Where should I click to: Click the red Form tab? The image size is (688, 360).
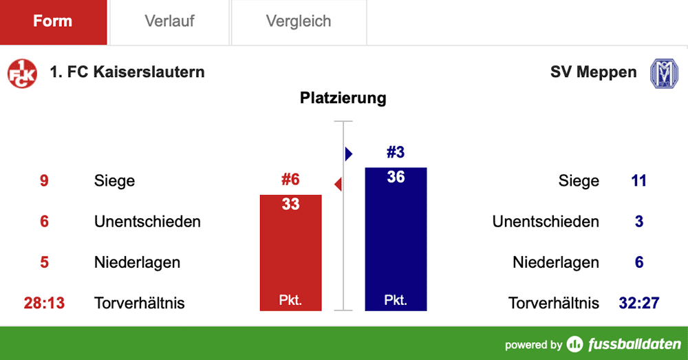53,21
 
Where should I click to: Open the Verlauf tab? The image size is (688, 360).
169,21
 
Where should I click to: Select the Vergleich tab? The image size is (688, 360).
299,21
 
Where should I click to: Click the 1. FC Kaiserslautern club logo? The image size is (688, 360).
22,73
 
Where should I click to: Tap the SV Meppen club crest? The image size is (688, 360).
664,73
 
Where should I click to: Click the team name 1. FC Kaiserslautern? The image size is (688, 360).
127,72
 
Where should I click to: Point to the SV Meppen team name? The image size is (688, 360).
593,72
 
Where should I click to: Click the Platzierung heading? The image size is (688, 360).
343,98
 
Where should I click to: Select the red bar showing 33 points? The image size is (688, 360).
290,255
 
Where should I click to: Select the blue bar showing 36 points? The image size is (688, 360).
396,241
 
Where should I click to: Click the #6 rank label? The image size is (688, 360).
290,180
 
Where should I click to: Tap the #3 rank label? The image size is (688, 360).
396,152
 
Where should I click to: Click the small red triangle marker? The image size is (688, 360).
338,184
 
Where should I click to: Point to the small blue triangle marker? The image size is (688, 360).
348,153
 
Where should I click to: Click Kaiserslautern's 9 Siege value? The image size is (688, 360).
44,181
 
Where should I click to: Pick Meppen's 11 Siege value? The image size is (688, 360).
638,181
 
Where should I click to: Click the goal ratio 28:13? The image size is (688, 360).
44,303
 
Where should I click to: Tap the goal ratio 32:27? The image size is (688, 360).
638,303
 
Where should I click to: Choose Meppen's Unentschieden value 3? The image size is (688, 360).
638,222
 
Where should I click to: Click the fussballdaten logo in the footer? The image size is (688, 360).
625,344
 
